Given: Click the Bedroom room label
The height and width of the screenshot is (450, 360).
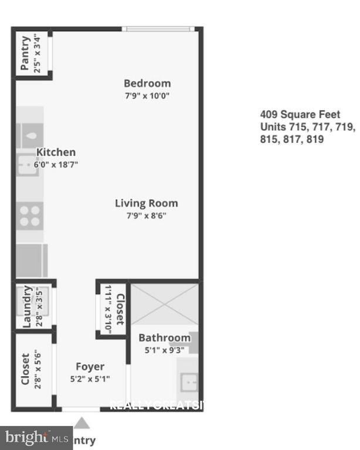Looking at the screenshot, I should tap(147, 83).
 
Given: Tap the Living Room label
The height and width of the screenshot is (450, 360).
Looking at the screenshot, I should tap(146, 203).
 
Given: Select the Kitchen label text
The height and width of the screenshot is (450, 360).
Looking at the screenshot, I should tap(56, 152).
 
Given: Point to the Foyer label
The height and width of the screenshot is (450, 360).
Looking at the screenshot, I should tap(90, 367).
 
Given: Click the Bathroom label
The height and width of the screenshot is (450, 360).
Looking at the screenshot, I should tap(164, 337).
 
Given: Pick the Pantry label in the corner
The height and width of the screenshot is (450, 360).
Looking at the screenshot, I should tap(25, 54).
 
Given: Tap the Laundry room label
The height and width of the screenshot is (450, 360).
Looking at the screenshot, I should tap(26, 306).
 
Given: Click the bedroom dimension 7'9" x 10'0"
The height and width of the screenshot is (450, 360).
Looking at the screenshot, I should tap(147, 96).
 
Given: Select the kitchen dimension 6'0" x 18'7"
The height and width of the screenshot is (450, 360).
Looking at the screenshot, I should tap(56, 165).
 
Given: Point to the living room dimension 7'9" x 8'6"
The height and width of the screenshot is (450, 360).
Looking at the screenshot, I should tap(146, 216).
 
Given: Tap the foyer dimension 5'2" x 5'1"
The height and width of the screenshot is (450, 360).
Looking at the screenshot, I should tap(90, 379).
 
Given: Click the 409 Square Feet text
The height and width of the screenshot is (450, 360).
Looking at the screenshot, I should tap(300, 114).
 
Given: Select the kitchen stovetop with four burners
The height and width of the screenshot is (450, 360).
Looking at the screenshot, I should tap(30, 216).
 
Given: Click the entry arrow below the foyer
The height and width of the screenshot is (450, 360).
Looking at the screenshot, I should tap(83, 422).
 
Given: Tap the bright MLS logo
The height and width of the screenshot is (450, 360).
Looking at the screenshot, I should tap(35, 437).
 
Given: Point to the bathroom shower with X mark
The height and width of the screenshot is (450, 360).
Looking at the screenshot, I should tap(164, 305).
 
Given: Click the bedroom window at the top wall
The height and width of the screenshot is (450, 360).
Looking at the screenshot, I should tap(158, 28).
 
